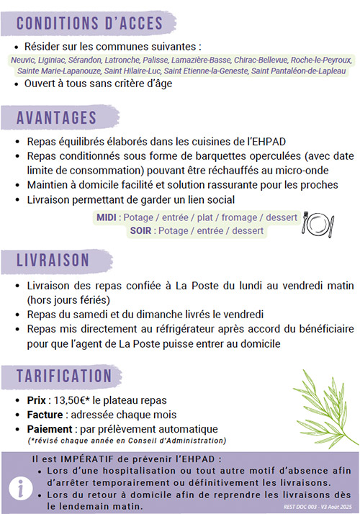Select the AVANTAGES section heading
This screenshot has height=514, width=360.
(57, 117)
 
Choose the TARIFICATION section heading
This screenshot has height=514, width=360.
(65, 375)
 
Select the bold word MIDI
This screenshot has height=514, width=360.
(107, 217)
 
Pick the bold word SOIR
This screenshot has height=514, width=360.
(143, 231)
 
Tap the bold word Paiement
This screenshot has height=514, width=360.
(48, 428)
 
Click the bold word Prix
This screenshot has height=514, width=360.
(37, 400)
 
